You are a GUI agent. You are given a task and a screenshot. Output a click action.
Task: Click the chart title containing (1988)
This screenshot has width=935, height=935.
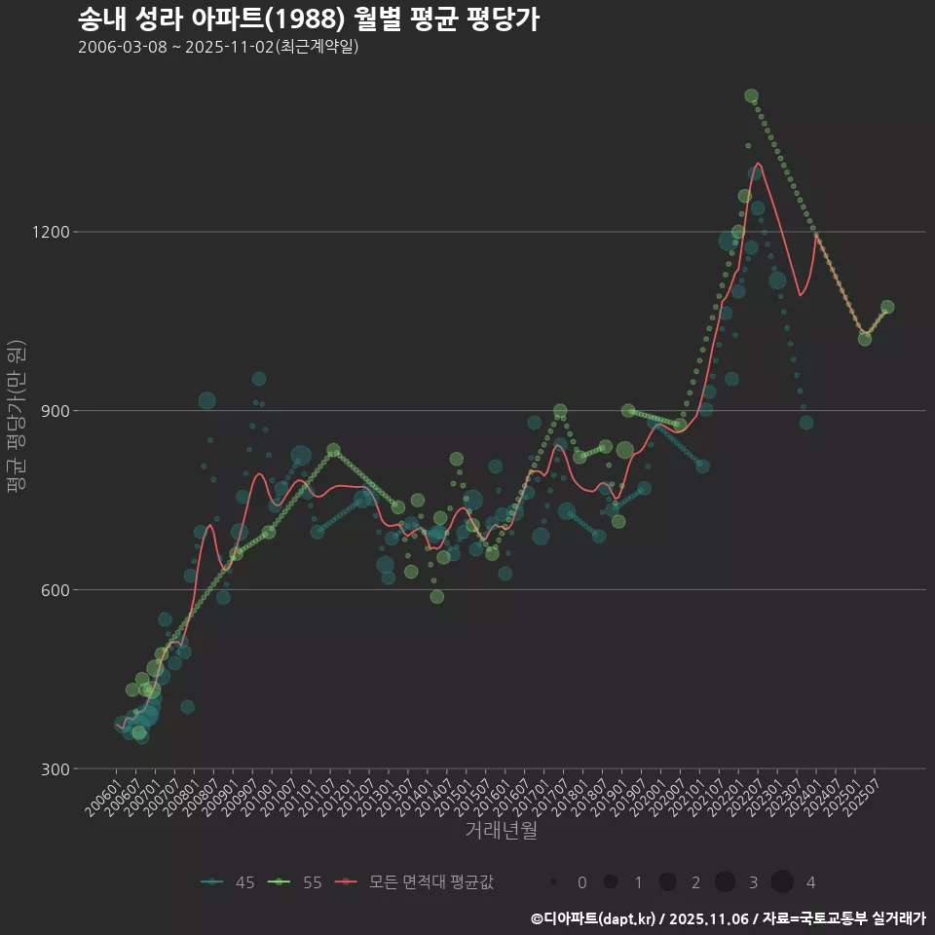tap(308, 19)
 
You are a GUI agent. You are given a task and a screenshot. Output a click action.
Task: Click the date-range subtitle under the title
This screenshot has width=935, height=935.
tap(218, 47)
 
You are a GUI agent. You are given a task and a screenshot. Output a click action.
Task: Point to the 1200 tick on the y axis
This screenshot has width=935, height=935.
tap(50, 232)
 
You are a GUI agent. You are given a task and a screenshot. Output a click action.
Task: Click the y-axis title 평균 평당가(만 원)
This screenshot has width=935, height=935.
tap(16, 419)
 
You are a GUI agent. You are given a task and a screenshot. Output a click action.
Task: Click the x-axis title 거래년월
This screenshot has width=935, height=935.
tap(501, 831)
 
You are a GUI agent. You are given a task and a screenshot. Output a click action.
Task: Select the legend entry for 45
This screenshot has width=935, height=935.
tap(228, 882)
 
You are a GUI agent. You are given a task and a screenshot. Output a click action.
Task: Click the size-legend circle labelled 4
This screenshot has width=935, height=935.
tap(782, 882)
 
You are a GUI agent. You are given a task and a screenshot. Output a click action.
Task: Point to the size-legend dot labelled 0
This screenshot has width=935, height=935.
tap(553, 882)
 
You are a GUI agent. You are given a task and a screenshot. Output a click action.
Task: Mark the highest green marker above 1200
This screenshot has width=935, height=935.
tap(751, 95)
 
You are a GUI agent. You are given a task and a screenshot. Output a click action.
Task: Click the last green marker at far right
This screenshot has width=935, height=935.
tap(887, 307)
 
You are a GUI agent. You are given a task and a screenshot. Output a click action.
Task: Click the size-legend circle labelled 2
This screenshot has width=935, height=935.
tap(667, 882)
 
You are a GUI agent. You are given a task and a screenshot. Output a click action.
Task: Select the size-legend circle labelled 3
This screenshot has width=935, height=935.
tap(725, 882)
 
